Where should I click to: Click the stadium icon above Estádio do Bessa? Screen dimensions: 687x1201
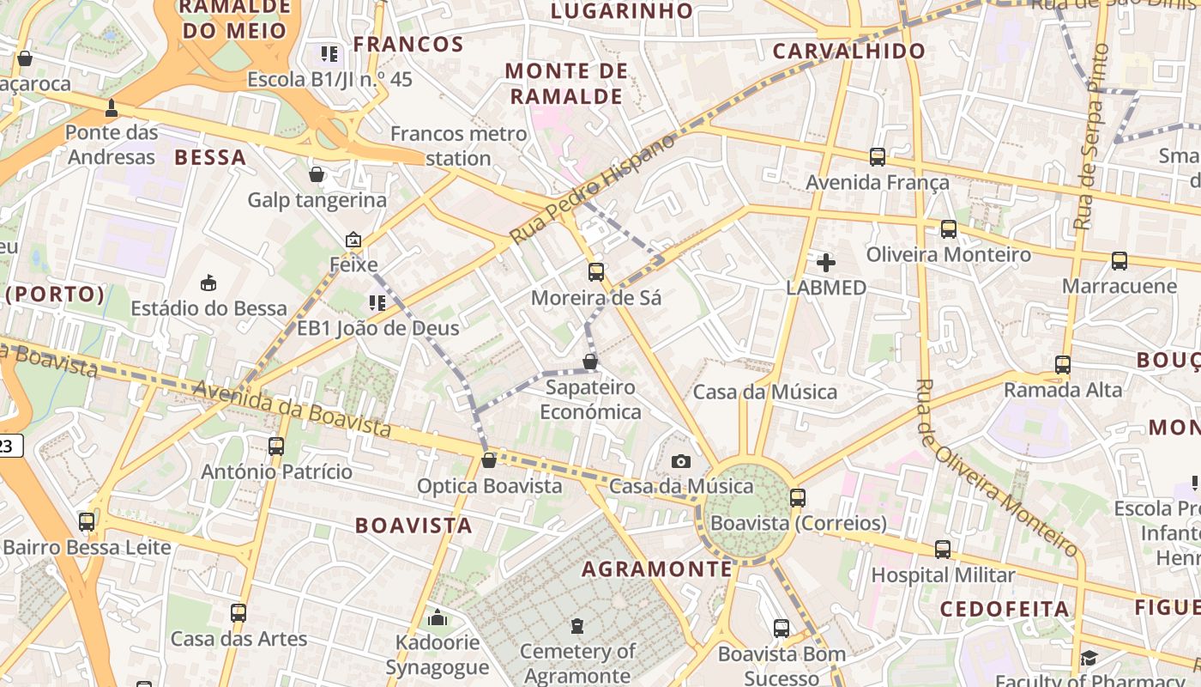pyautogui.click(x=208, y=283)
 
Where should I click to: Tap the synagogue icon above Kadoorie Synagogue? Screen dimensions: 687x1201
pyautogui.click(x=438, y=617)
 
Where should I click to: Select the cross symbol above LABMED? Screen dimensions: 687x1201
pyautogui.click(x=826, y=262)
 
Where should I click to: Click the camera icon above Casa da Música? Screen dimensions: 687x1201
pyautogui.click(x=681, y=461)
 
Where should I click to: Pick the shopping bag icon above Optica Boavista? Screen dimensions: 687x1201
pyautogui.click(x=489, y=460)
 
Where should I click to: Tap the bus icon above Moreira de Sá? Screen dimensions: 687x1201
pyautogui.click(x=596, y=272)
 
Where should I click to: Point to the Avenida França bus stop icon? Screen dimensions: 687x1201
pyautogui.click(x=878, y=157)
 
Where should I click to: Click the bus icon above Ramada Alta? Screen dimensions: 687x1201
pyautogui.click(x=1063, y=365)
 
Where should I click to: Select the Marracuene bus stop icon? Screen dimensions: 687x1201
pyautogui.click(x=1120, y=261)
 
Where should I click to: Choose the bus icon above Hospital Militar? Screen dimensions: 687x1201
pyautogui.click(x=943, y=550)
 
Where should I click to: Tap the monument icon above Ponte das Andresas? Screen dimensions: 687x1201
pyautogui.click(x=112, y=108)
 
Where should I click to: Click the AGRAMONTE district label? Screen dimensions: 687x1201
pyautogui.click(x=657, y=569)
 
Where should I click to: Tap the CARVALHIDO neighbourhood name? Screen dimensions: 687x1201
pyautogui.click(x=849, y=51)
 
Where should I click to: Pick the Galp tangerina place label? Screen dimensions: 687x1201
pyautogui.click(x=317, y=200)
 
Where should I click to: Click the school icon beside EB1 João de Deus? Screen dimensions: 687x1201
pyautogui.click(x=377, y=303)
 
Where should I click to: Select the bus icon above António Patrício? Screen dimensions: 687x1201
pyautogui.click(x=276, y=447)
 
